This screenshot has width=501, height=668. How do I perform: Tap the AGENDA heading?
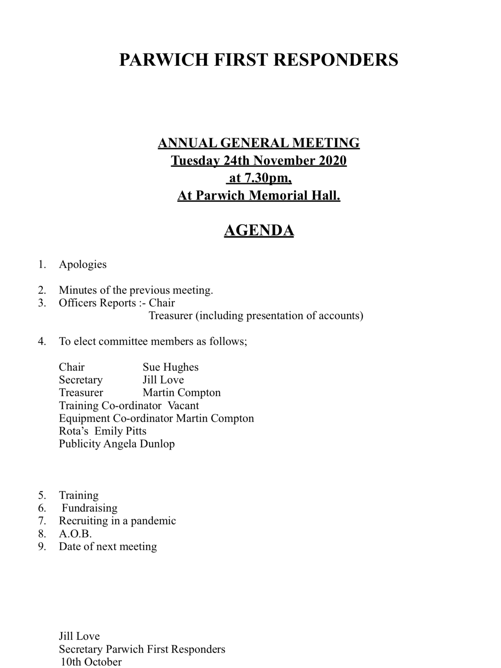coord(259,230)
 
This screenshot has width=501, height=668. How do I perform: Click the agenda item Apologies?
coord(83,264)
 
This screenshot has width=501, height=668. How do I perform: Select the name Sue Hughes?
coord(170,367)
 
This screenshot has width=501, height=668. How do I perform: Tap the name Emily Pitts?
coord(120,431)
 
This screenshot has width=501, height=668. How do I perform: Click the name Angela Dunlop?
coord(139,444)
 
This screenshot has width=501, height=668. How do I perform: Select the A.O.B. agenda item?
coord(75,534)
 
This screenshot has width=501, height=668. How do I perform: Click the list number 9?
coord(41,546)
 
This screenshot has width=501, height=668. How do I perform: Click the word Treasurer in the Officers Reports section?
coord(170,316)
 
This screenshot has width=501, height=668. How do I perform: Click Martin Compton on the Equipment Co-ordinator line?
coord(215,418)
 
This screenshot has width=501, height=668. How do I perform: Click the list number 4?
coord(41,342)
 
